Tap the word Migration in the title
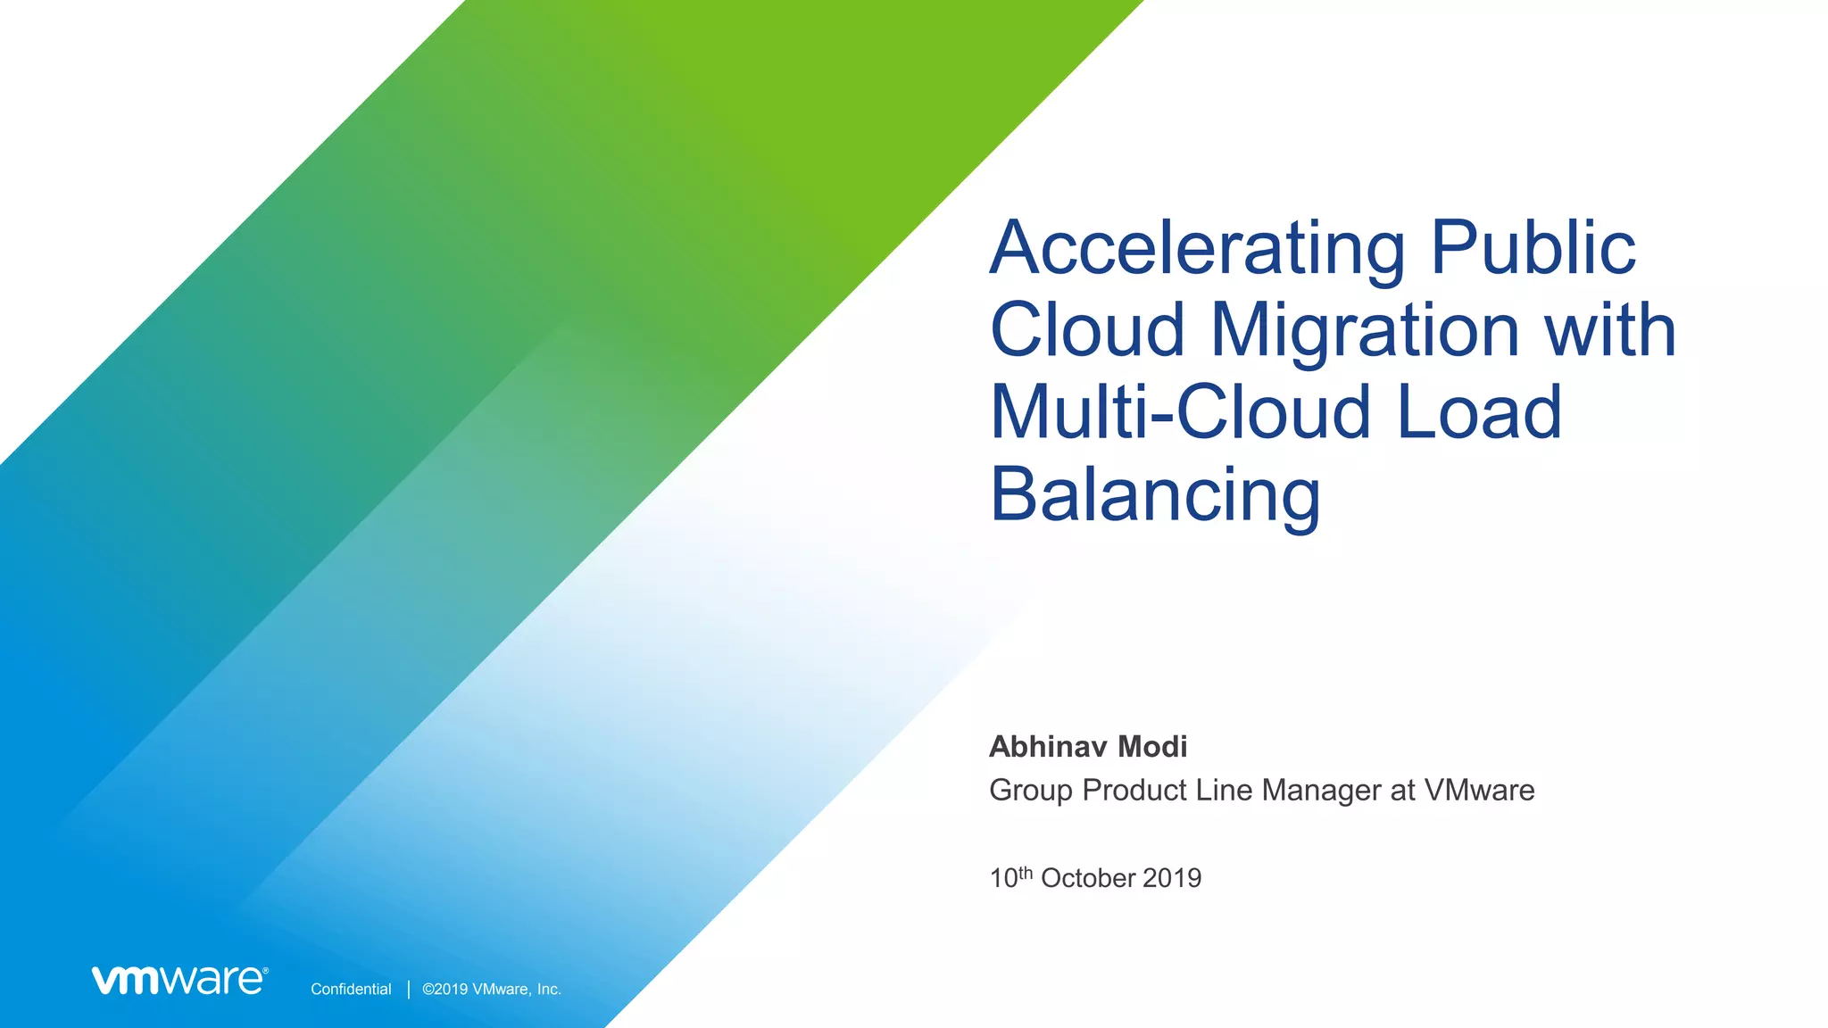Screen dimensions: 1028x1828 coord(1365,330)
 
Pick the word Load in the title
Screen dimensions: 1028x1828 coord(1479,412)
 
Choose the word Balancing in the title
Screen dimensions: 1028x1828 coord(1155,496)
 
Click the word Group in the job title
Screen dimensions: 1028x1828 coord(1030,791)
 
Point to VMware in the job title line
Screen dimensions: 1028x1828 coord(1479,791)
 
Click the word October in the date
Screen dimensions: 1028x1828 coord(1088,878)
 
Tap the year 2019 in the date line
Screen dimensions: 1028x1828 coord(1172,878)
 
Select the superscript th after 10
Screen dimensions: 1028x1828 coord(1026,872)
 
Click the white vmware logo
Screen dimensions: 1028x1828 coord(179,980)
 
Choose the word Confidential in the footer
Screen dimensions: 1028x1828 coord(351,990)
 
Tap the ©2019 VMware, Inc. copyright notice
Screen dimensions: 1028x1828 coord(492,990)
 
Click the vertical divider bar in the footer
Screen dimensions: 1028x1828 coord(409,989)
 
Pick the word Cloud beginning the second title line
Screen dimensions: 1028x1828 coord(1087,330)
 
